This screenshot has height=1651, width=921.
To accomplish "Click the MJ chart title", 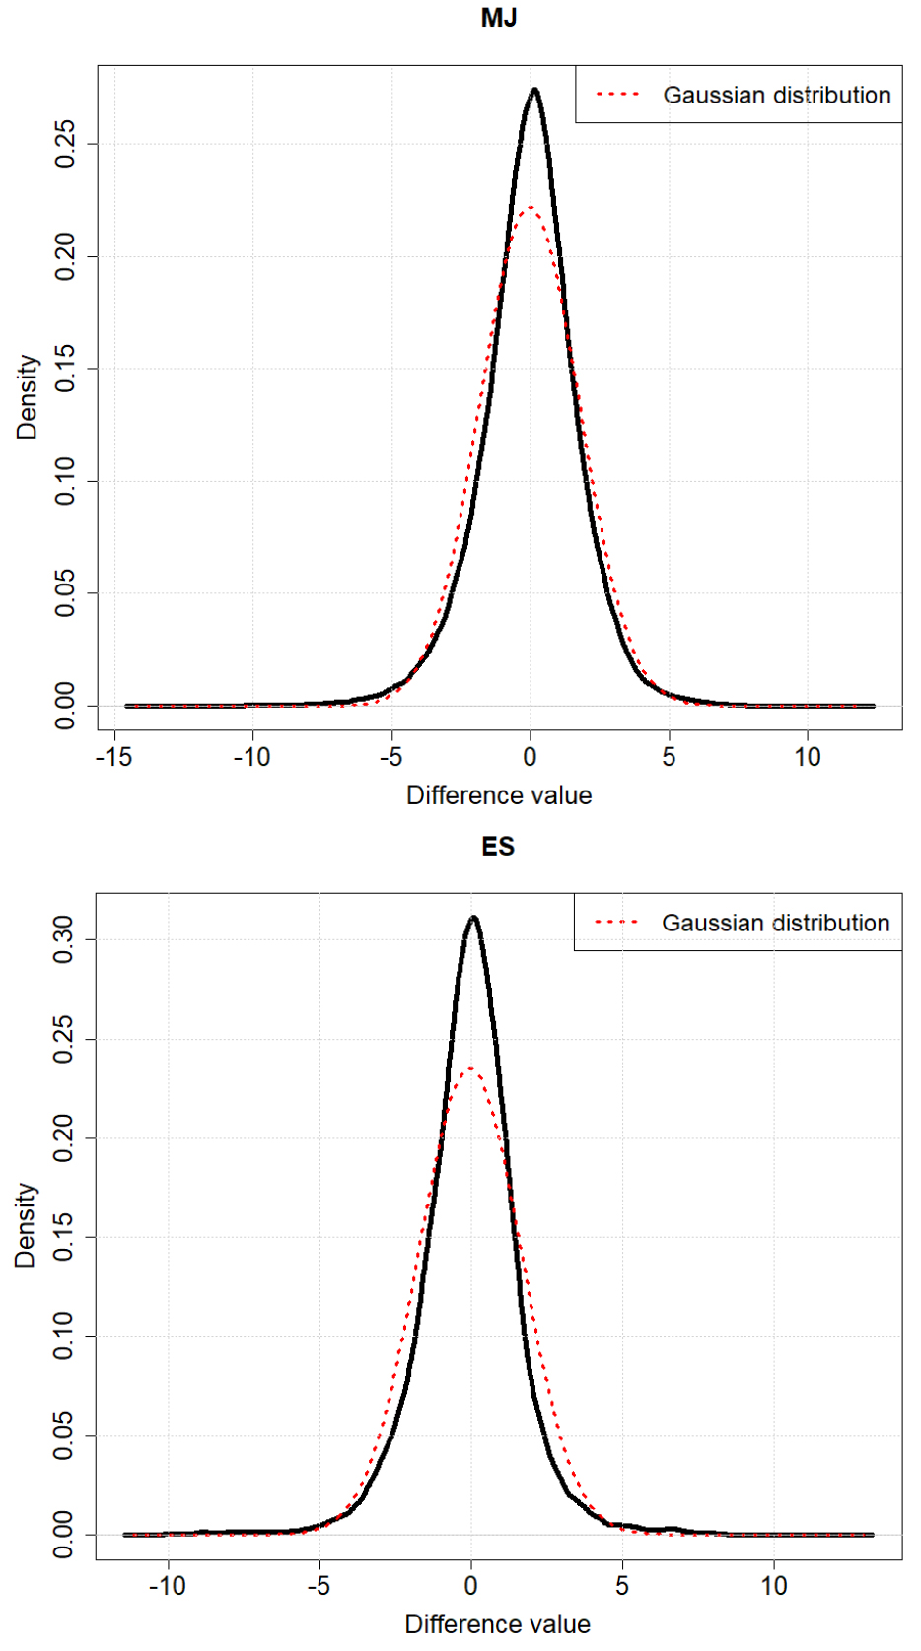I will pyautogui.click(x=498, y=19).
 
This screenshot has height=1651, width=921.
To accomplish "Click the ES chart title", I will pyautogui.click(x=498, y=847).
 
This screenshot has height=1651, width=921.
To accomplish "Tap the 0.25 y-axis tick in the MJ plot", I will pyautogui.click(x=65, y=144).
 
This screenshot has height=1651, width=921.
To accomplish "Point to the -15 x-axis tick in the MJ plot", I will pyautogui.click(x=116, y=757).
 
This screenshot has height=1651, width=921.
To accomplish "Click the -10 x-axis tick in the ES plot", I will pyautogui.click(x=168, y=1585).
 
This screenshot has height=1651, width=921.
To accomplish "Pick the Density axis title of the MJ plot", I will pyautogui.click(x=27, y=397).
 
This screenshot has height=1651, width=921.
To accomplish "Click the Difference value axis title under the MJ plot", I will pyautogui.click(x=499, y=795).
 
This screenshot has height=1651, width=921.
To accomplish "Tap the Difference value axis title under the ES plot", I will pyautogui.click(x=498, y=1624).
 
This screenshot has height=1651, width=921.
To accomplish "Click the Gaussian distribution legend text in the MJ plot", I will pyautogui.click(x=777, y=95).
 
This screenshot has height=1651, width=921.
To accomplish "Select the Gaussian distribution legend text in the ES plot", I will pyautogui.click(x=776, y=923).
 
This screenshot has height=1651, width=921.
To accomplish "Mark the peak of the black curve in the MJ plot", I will pyautogui.click(x=534, y=90).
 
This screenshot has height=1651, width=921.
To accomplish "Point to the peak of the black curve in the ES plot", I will pyautogui.click(x=474, y=918).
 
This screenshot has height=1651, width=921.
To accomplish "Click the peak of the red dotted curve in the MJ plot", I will pyautogui.click(x=531, y=207).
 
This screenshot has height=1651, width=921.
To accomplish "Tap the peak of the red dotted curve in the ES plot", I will pyautogui.click(x=470, y=1068).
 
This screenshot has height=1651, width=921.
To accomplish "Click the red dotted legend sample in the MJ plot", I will pyautogui.click(x=618, y=95).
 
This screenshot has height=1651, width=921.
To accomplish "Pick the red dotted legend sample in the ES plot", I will pyautogui.click(x=617, y=923).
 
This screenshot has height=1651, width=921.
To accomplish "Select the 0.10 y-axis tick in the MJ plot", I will pyautogui.click(x=65, y=481).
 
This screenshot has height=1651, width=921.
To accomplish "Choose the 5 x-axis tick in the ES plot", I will pyautogui.click(x=622, y=1585).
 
